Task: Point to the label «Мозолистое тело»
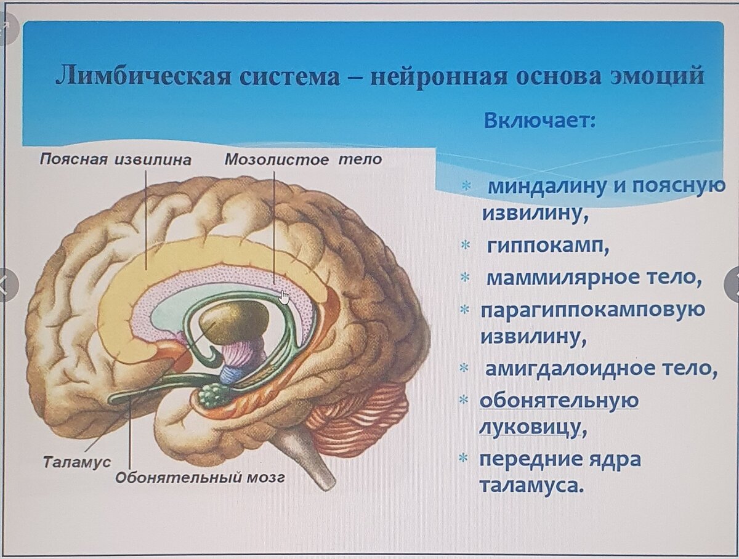click(x=302, y=160)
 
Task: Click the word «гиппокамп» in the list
click(x=547, y=246)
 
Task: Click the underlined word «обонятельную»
click(x=559, y=400)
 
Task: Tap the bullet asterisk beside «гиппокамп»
click(x=466, y=247)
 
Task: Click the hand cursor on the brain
click(x=284, y=297)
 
